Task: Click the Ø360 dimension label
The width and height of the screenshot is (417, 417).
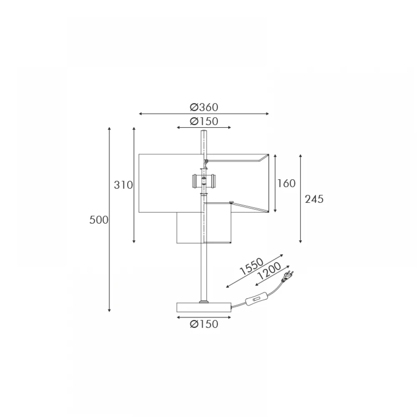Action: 204,107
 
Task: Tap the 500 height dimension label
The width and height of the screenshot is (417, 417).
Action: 99,220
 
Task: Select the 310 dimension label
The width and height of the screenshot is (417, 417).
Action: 123,185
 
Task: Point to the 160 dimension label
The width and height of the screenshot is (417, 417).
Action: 286,183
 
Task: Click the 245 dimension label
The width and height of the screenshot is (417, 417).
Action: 314,199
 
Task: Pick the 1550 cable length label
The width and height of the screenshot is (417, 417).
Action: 251,266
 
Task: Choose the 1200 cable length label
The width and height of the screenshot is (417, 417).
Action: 269,271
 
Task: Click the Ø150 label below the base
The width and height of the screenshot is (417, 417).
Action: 204,324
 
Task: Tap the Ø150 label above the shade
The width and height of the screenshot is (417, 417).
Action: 204,121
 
